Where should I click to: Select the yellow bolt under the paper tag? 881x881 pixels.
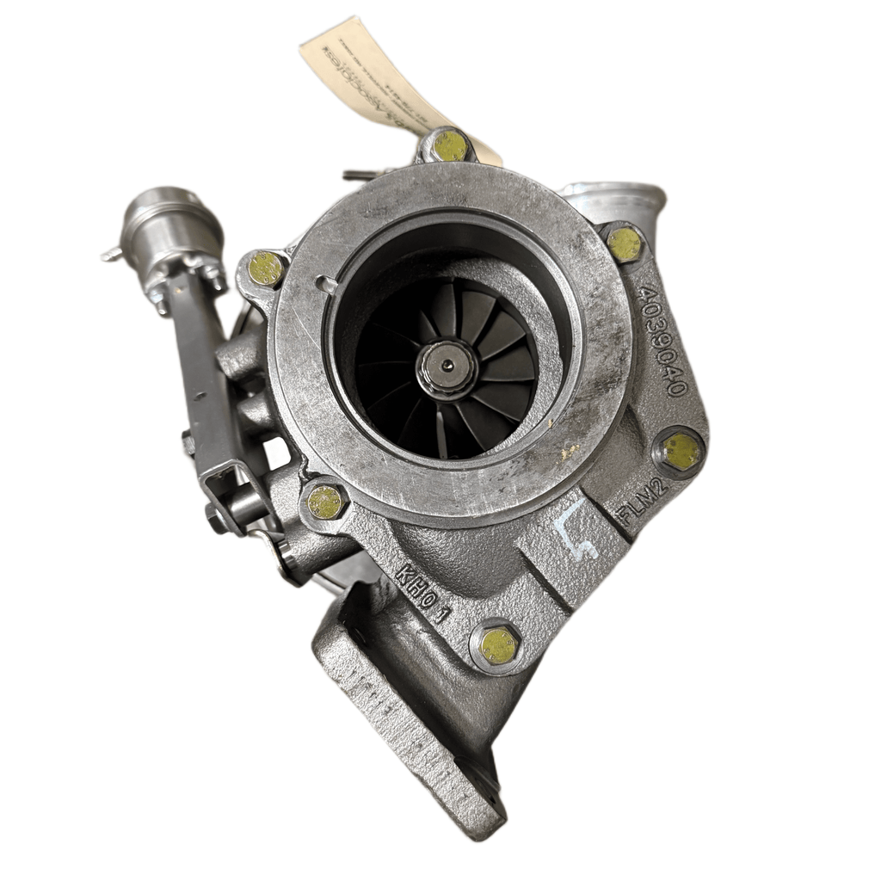(449, 145)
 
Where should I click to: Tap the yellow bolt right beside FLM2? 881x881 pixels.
(680, 451)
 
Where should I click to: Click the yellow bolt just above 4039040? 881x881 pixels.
(625, 244)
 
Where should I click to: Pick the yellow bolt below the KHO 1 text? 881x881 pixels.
(498, 645)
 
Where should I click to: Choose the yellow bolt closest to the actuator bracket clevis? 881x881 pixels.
(326, 502)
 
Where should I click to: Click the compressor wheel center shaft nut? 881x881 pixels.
(447, 367)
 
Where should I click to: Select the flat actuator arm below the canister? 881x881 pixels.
(206, 370)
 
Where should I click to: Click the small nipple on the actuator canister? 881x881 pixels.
(110, 254)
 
